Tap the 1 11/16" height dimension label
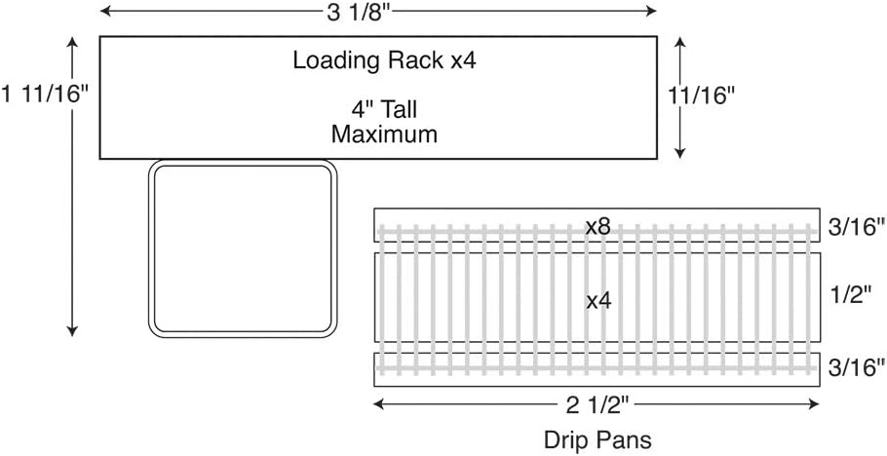click(x=46, y=94)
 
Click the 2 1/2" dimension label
click(x=597, y=405)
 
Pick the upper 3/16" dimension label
click(x=855, y=228)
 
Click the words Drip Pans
click(x=598, y=440)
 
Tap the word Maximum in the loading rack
click(x=384, y=134)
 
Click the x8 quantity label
click(x=598, y=227)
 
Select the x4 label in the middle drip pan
click(x=598, y=301)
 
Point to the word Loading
click(x=334, y=61)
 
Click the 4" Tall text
click(x=384, y=108)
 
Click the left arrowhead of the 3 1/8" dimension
click(x=104, y=12)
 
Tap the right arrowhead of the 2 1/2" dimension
click(x=815, y=404)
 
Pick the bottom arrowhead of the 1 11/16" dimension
click(x=72, y=331)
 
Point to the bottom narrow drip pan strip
click(x=597, y=370)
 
